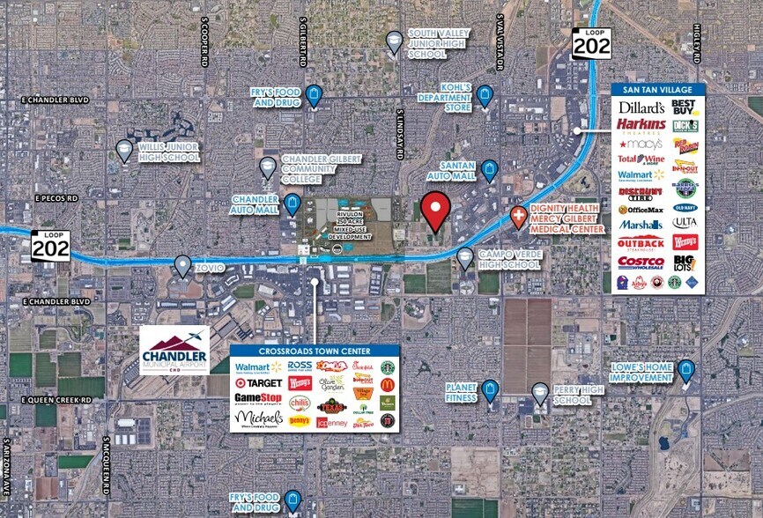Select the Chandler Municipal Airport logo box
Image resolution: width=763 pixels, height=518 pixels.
coord(174,350)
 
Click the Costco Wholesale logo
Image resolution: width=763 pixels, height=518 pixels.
coord(641,262)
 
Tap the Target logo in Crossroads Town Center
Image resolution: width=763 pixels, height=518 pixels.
coord(259,382)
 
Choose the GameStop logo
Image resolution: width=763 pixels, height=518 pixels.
coord(259,398)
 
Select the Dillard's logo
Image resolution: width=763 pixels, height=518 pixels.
coord(641,107)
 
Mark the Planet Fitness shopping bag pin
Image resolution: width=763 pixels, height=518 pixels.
coord(490,390)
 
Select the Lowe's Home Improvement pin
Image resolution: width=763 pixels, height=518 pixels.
coord(685,371)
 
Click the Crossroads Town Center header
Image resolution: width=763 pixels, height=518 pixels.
coord(315,350)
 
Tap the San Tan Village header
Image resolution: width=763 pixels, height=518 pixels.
coord(658,89)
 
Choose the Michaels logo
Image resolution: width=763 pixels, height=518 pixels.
coord(259,417)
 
